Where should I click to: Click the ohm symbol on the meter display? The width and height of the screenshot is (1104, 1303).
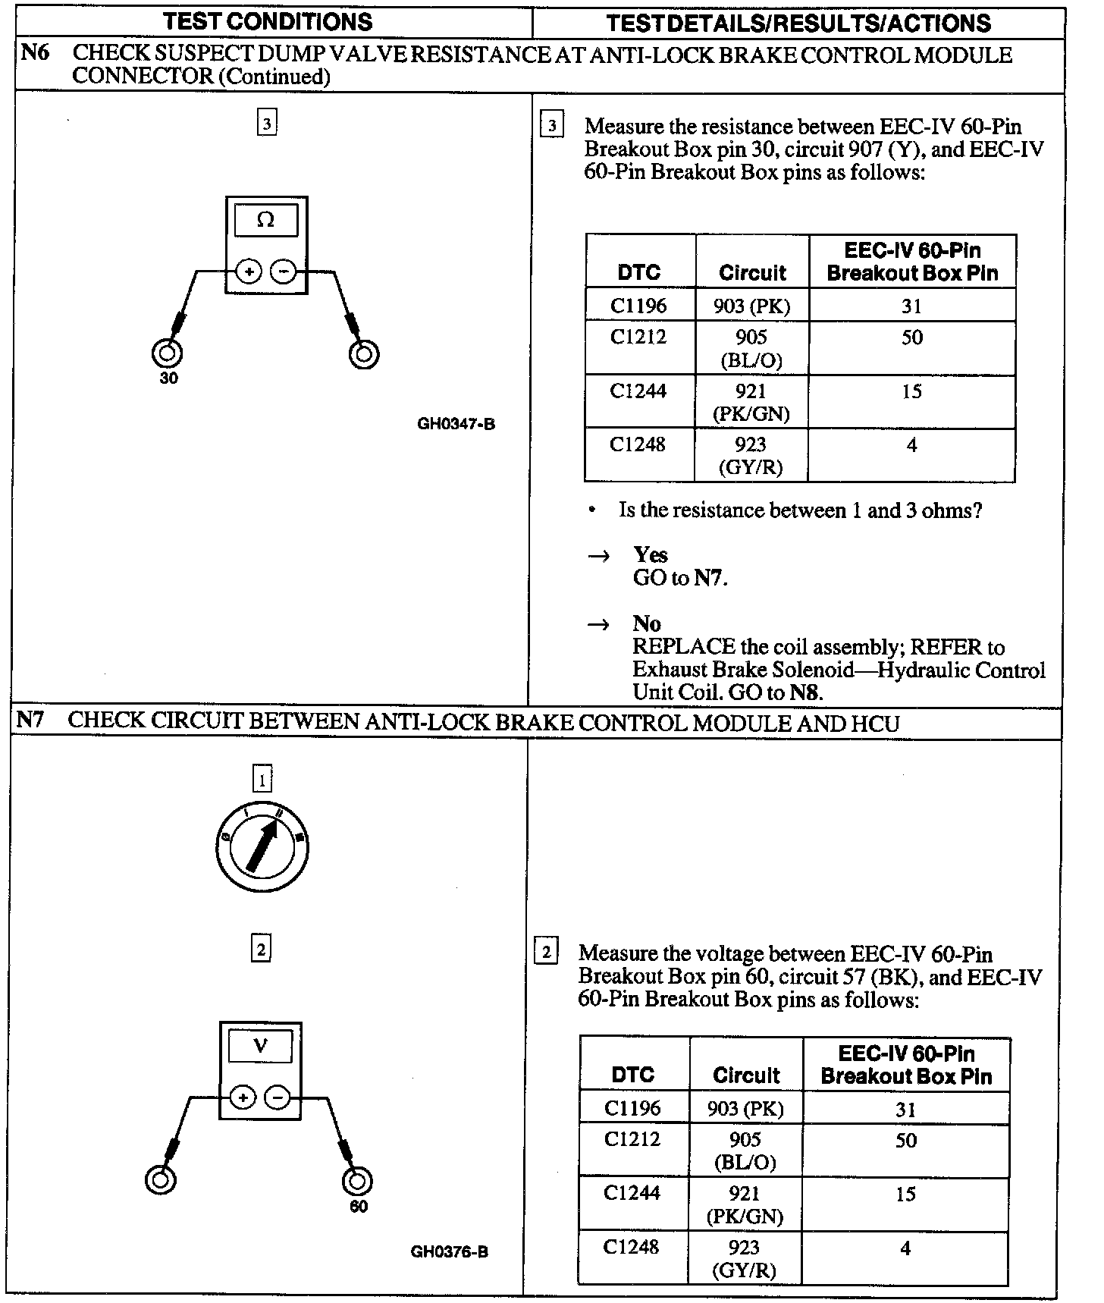click(x=265, y=220)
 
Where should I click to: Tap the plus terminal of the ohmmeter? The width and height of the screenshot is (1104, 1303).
click(x=249, y=271)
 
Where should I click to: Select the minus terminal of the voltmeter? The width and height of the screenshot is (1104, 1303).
click(x=278, y=1097)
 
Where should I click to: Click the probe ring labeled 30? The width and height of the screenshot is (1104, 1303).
click(x=167, y=353)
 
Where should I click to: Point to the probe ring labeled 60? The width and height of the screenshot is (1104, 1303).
click(x=357, y=1181)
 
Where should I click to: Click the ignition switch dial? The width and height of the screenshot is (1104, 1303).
click(x=261, y=846)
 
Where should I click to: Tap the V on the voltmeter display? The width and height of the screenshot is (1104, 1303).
click(x=260, y=1046)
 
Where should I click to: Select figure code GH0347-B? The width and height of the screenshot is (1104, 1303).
click(x=456, y=424)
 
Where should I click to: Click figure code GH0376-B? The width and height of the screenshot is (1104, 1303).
click(x=449, y=1251)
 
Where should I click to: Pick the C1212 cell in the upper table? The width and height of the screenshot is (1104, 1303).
click(x=638, y=337)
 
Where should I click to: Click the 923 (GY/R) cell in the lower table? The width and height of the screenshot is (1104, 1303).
click(x=744, y=1258)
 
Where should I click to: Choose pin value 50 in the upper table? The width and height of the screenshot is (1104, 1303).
click(x=911, y=338)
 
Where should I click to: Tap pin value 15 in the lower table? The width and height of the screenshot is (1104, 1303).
click(x=905, y=1194)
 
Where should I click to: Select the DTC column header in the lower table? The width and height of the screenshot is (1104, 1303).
click(x=632, y=1074)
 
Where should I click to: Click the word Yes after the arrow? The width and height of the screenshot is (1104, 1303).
click(x=650, y=554)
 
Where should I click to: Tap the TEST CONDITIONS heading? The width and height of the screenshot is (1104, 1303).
click(x=268, y=21)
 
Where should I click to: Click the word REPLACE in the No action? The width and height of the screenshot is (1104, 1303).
click(x=684, y=647)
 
